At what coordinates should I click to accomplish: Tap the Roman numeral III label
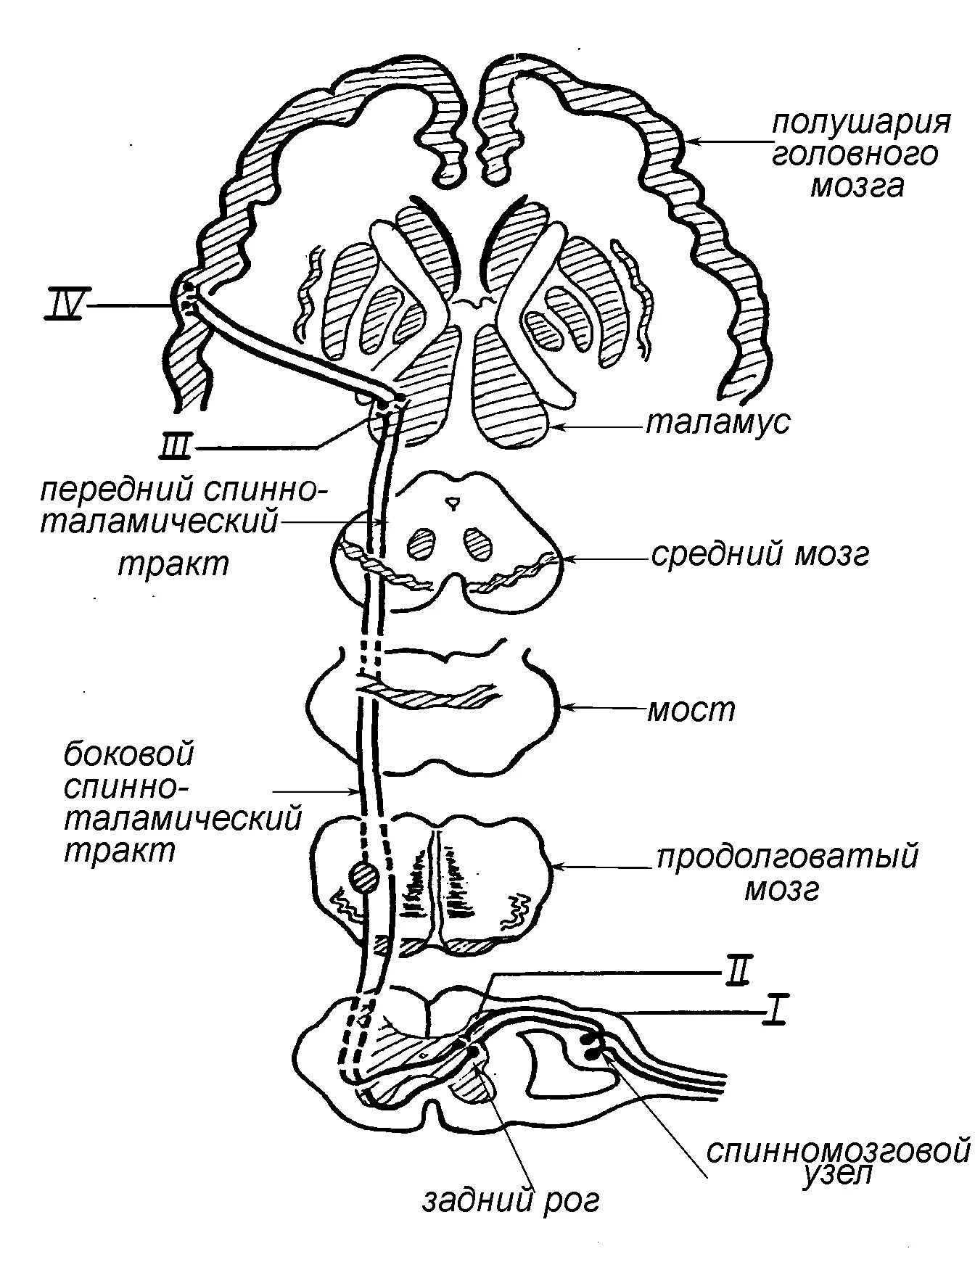175,448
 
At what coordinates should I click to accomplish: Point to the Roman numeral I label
775,1012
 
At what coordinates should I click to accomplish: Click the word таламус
717,422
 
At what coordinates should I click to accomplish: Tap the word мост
691,709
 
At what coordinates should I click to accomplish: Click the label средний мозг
760,555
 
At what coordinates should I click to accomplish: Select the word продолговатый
788,857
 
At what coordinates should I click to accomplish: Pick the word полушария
861,123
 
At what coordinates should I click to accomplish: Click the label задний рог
512,1200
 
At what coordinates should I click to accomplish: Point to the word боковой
129,755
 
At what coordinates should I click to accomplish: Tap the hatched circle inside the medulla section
364,878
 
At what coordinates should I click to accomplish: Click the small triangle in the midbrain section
453,501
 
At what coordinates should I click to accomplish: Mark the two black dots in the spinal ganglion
591,1047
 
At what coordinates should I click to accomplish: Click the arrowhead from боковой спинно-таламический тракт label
355,791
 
